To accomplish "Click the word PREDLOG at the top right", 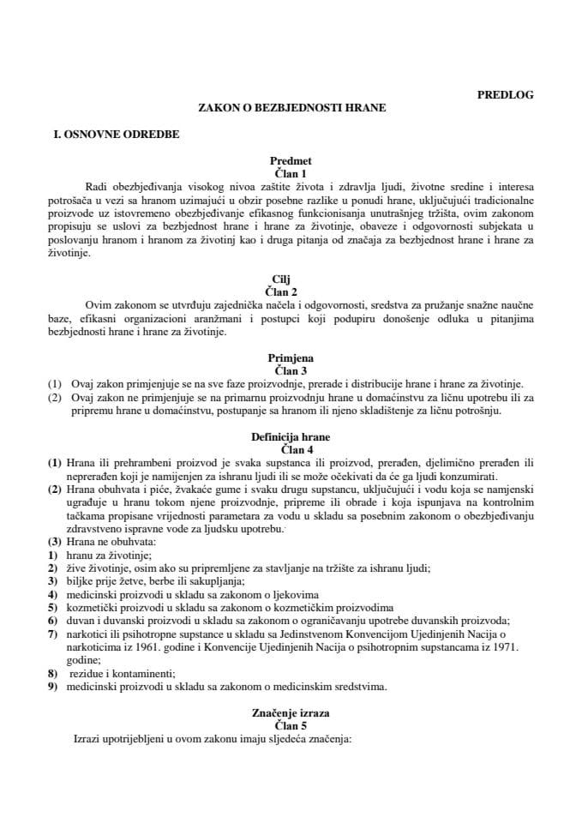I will (505, 95).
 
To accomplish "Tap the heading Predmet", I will (291, 160).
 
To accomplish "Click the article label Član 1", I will (291, 172).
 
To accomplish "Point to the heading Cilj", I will (291, 279).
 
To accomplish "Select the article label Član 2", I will (291, 291).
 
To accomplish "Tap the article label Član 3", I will (291, 371).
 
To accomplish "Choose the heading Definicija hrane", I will (291, 436).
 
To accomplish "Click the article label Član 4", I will (291, 448).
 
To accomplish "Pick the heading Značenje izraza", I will (291, 712).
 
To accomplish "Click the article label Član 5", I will (291, 725).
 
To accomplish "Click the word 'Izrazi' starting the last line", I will (90, 738).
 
